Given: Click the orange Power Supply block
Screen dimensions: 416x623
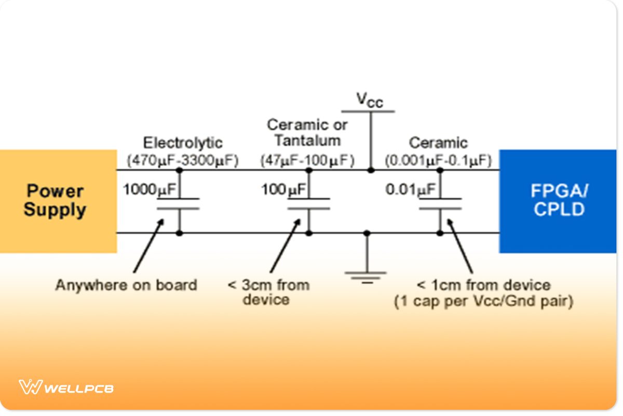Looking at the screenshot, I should pos(57,201).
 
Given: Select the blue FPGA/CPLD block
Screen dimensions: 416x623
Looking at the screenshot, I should pos(558,201).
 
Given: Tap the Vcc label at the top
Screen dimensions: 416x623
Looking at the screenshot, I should pos(369,99).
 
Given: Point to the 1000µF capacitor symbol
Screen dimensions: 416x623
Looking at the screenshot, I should pos(179,203).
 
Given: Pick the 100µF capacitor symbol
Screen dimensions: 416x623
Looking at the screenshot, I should pos(309,203).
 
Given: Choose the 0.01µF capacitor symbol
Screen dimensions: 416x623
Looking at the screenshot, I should pos(440,203).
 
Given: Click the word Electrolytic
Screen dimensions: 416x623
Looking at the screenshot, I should pos(183,142).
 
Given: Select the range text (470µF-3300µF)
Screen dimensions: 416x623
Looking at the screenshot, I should pos(183,161).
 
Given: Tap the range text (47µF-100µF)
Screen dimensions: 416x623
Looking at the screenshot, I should pos(308,161).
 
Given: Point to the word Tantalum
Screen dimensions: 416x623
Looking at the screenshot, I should pos(307,140).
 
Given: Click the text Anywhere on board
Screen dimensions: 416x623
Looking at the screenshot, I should pos(126,285).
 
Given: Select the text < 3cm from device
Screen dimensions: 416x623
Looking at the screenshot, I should pos(268,292).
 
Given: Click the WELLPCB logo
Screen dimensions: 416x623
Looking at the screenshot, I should pos(66,387).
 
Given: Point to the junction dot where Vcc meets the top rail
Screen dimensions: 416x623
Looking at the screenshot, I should pos(371,170).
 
